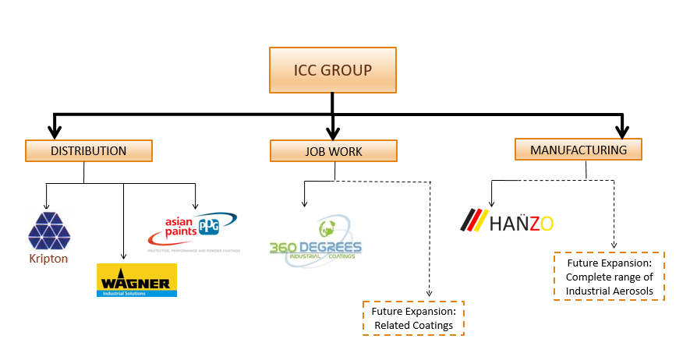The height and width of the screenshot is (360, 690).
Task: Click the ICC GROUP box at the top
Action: [x=333, y=70]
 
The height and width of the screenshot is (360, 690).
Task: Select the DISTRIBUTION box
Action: [x=88, y=150]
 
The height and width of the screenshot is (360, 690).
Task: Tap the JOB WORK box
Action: [x=333, y=151]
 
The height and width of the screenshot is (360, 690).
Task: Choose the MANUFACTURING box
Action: [x=578, y=149]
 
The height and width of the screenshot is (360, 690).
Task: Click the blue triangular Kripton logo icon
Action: [x=49, y=230]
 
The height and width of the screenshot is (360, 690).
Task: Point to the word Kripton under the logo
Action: [x=49, y=259]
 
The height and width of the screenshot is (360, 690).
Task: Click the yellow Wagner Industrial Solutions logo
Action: [x=136, y=280]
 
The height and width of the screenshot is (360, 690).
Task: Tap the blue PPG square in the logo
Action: [x=208, y=225]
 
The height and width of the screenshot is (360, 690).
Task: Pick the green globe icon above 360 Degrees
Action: [x=327, y=229]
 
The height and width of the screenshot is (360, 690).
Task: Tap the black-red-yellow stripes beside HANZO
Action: [x=475, y=221]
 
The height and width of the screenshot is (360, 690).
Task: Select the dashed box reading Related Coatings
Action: [x=413, y=318]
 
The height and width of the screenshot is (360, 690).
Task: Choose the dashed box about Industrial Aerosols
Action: [x=609, y=276]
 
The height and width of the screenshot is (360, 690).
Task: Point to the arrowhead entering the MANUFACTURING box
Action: [x=622, y=130]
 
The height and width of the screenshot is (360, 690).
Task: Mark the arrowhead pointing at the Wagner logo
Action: [x=123, y=255]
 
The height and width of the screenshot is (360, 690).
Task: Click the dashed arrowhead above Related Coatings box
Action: [x=429, y=294]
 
